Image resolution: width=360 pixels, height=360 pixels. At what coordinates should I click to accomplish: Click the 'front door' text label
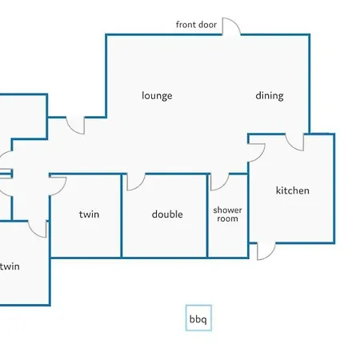point(196,25)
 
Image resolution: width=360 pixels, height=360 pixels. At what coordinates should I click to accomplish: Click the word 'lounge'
point(157,96)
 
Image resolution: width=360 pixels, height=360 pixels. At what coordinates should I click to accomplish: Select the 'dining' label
point(270,96)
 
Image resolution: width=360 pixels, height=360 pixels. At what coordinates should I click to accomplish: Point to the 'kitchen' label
point(293,190)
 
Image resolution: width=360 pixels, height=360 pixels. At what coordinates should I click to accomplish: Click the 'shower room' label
point(227,214)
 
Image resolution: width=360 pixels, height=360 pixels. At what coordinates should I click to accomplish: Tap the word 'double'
point(167,214)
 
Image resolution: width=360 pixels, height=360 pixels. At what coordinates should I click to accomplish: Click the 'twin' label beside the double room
point(89,214)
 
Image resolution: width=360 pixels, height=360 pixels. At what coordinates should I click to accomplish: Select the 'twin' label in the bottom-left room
point(10,266)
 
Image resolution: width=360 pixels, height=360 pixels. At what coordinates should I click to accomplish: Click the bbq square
point(198,318)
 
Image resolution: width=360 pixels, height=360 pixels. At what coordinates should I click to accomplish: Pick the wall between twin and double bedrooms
point(122,216)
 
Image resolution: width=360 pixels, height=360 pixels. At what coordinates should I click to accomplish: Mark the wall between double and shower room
point(207,216)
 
